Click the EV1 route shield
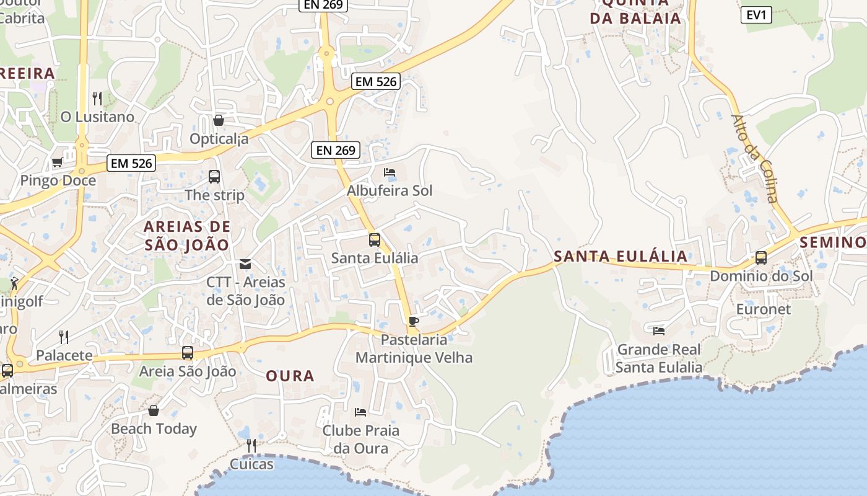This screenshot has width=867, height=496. click(756, 15)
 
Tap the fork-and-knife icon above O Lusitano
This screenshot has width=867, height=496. click(97, 98)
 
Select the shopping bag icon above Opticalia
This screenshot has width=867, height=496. click(218, 120)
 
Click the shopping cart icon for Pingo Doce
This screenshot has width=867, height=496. click(58, 162)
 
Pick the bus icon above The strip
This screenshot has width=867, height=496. click(214, 177)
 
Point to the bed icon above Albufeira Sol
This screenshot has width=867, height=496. click(389, 172)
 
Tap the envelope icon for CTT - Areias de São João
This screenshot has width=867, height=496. click(245, 264)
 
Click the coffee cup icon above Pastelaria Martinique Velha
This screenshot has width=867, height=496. click(413, 321)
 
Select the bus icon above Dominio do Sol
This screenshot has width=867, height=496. click(761, 257)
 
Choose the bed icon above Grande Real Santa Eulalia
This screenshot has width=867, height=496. click(658, 331)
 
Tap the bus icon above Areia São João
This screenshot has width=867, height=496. click(188, 353)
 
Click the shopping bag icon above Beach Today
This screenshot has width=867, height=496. click(154, 410)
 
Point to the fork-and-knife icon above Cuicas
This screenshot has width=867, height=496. click(251, 445)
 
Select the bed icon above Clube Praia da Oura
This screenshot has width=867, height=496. click(360, 412)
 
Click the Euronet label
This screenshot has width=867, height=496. click(763, 309)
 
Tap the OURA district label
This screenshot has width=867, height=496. click(290, 376)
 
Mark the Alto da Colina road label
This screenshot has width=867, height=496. click(755, 158)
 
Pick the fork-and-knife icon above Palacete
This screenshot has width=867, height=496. click(64, 337)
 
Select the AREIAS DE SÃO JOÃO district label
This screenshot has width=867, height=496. click(187, 235)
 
